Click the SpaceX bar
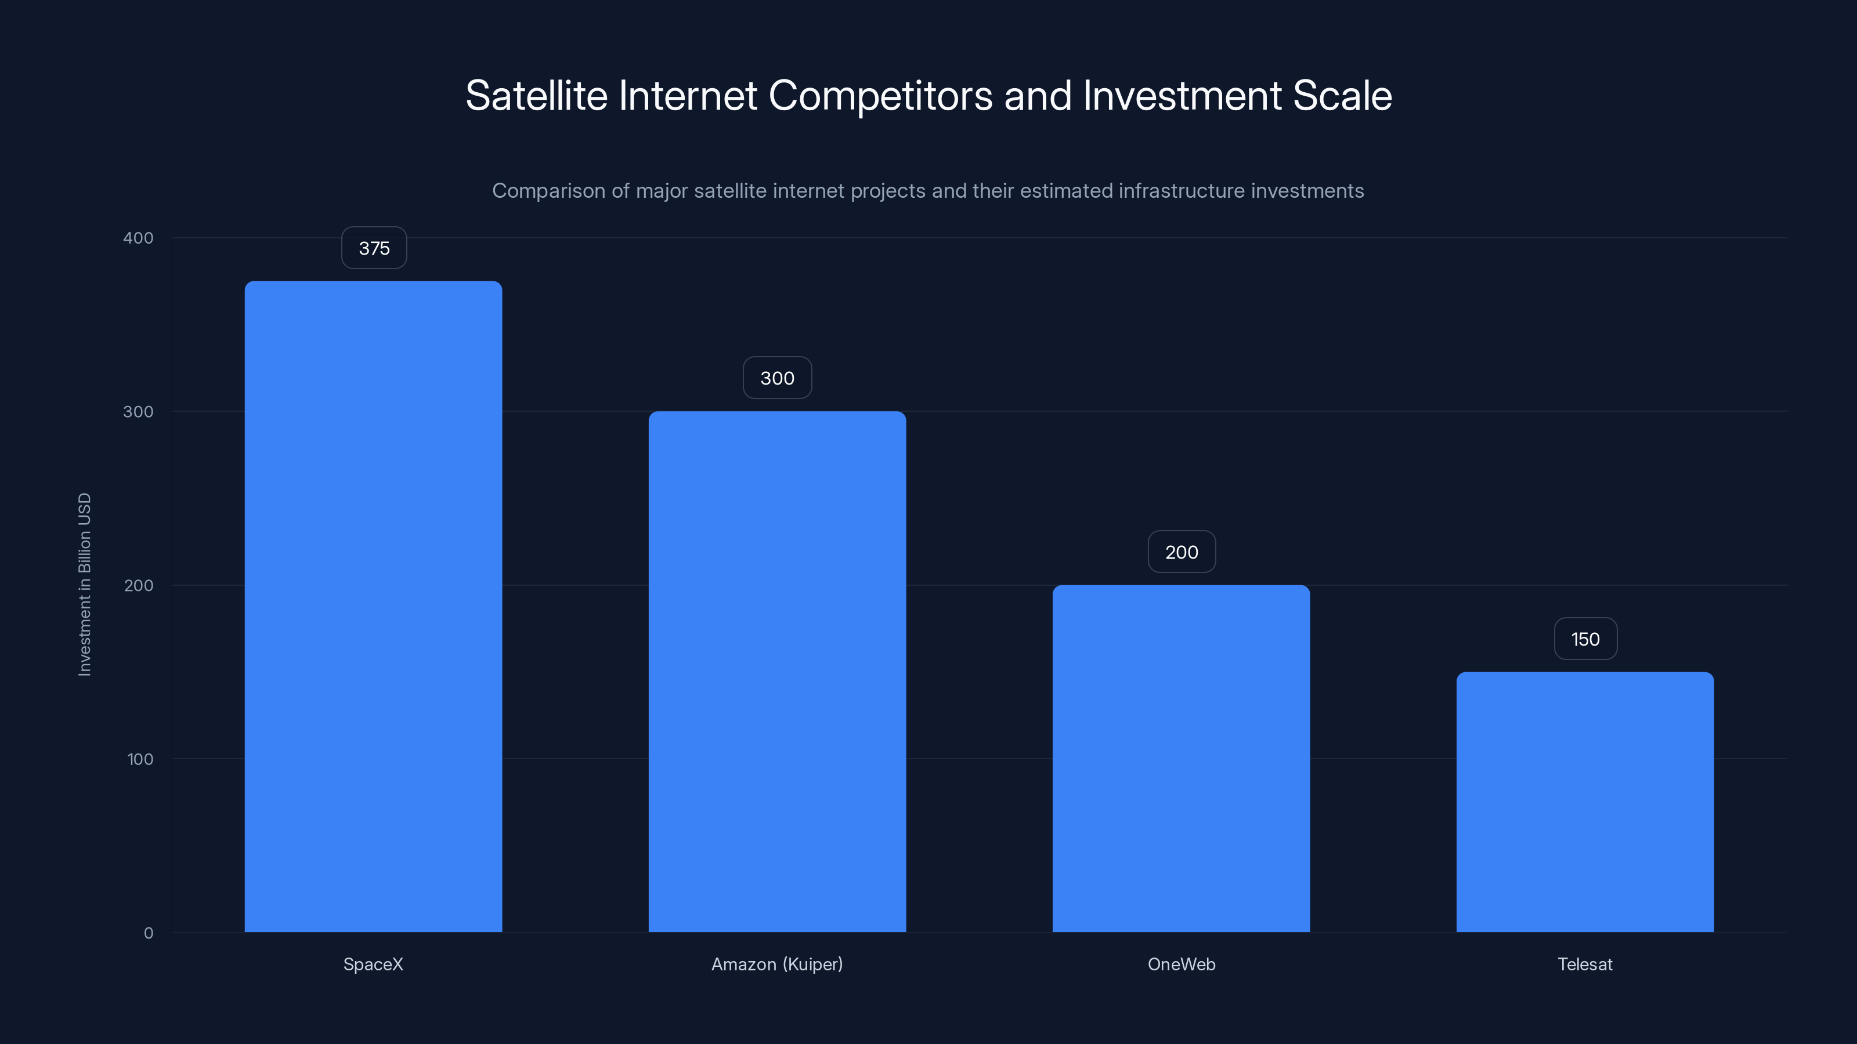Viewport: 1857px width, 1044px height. tap(373, 606)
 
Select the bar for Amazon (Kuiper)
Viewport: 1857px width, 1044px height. tap(777, 671)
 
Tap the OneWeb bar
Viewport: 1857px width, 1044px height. tap(1181, 758)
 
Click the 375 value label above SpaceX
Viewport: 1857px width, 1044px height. tap(374, 248)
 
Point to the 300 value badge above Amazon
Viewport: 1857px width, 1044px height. tap(777, 378)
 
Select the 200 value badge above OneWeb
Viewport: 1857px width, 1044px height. tap(1182, 552)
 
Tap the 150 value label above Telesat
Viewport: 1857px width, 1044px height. tap(1585, 639)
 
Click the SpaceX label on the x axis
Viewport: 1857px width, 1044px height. tap(373, 964)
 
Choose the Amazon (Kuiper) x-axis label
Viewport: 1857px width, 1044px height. tap(777, 964)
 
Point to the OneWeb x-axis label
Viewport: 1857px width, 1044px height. tap(1181, 964)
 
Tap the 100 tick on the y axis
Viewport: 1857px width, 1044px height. tap(140, 759)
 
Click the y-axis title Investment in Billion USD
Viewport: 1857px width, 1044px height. tap(84, 584)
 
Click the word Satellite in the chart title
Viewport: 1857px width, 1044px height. tap(536, 96)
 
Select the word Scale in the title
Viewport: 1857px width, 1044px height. tap(1342, 96)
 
